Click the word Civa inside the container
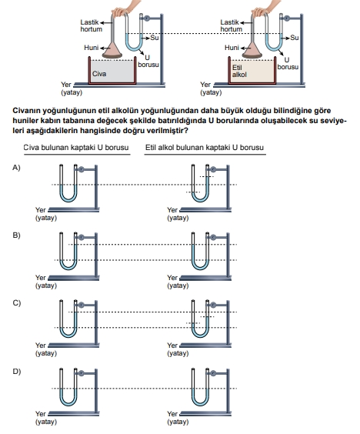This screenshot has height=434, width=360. tap(99, 74)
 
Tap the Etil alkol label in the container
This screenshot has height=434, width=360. tap(239, 71)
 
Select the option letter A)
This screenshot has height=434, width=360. tap(16, 168)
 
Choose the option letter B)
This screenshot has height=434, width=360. tap(16, 235)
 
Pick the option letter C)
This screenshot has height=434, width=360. tap(17, 303)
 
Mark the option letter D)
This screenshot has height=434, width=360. tap(17, 372)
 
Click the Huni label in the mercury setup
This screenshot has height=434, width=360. tap(92, 48)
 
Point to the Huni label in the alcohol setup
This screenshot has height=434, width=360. tap(232, 48)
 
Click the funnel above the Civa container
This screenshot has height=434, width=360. tap(112, 50)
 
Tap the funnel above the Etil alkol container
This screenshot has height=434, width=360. tap(252, 50)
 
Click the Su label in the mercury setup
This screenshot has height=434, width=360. tap(155, 38)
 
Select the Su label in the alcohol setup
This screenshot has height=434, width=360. tap(295, 38)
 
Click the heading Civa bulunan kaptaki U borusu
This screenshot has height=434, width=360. tap(76, 147)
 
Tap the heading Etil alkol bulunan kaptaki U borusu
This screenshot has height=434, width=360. tap(205, 147)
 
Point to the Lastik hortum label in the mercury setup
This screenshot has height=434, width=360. tap(91, 25)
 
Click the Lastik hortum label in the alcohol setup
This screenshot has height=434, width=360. tap(231, 25)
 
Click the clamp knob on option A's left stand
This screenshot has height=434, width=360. tap(81, 169)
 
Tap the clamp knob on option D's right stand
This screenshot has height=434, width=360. tap(213, 373)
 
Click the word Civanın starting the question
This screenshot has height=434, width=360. tap(26, 111)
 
